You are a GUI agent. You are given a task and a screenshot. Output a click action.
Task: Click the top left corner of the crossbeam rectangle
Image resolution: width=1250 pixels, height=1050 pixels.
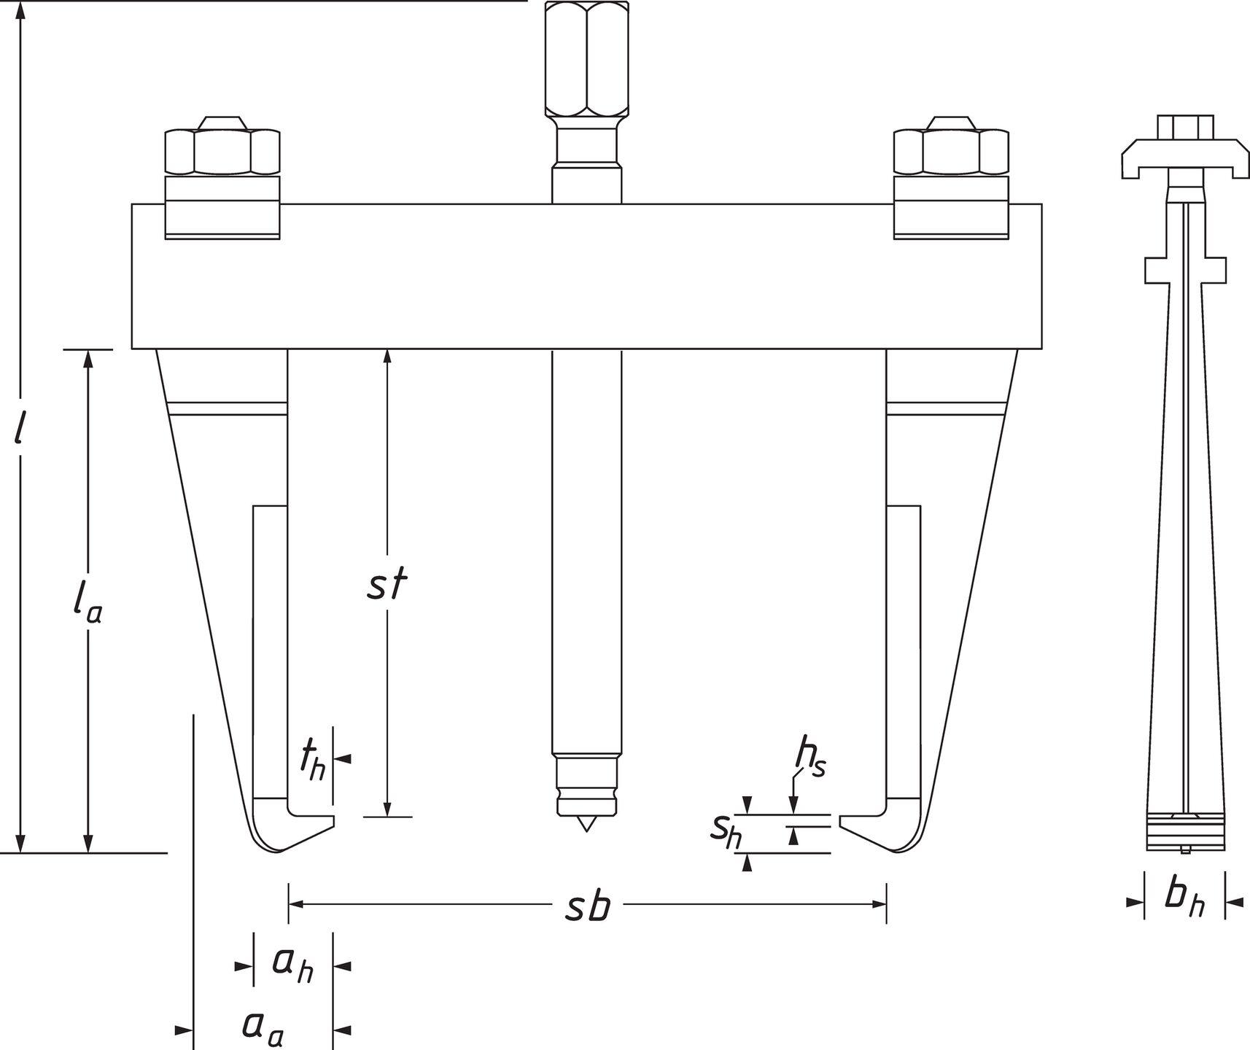point(132,203)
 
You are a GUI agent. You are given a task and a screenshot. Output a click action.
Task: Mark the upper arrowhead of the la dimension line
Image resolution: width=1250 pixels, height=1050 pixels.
point(89,359)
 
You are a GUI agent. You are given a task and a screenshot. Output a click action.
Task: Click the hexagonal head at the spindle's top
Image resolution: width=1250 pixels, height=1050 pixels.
point(587,59)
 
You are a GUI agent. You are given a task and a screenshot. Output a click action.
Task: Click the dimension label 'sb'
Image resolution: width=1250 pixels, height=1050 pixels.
point(588,906)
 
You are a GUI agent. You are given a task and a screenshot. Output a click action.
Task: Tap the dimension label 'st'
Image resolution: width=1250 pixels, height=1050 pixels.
point(387,586)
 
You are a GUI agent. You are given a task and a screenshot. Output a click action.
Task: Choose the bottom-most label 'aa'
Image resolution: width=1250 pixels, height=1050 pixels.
point(263,1027)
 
